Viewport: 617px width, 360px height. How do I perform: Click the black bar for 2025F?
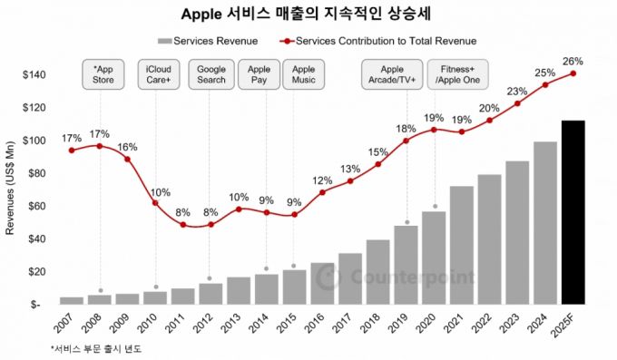tap(573, 212)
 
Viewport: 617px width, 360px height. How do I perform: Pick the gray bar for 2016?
tap(322, 283)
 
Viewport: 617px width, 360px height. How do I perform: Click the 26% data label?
tap(573, 62)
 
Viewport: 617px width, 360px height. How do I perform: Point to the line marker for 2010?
tap(155, 202)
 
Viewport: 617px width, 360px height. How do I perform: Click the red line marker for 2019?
tap(406, 141)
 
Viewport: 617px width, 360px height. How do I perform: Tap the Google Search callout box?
tap(211, 74)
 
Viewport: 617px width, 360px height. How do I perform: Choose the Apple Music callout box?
tap(303, 74)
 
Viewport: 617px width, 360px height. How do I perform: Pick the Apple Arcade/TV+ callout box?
tap(392, 74)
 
